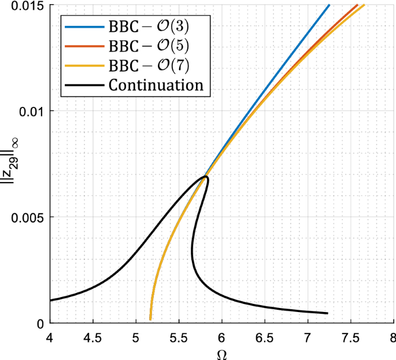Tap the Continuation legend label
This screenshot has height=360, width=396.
click(156, 86)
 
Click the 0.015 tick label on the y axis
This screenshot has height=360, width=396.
click(28, 5)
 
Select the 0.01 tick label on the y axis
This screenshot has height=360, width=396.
click(31, 111)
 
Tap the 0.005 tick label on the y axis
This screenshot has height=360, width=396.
click(28, 217)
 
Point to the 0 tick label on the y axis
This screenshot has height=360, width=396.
click(40, 323)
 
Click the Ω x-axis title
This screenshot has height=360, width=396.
click(221, 353)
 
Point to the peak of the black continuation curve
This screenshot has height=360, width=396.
click(205, 177)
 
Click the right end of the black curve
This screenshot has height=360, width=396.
click(327, 313)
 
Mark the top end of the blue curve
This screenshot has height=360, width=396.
click(329, 5)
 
